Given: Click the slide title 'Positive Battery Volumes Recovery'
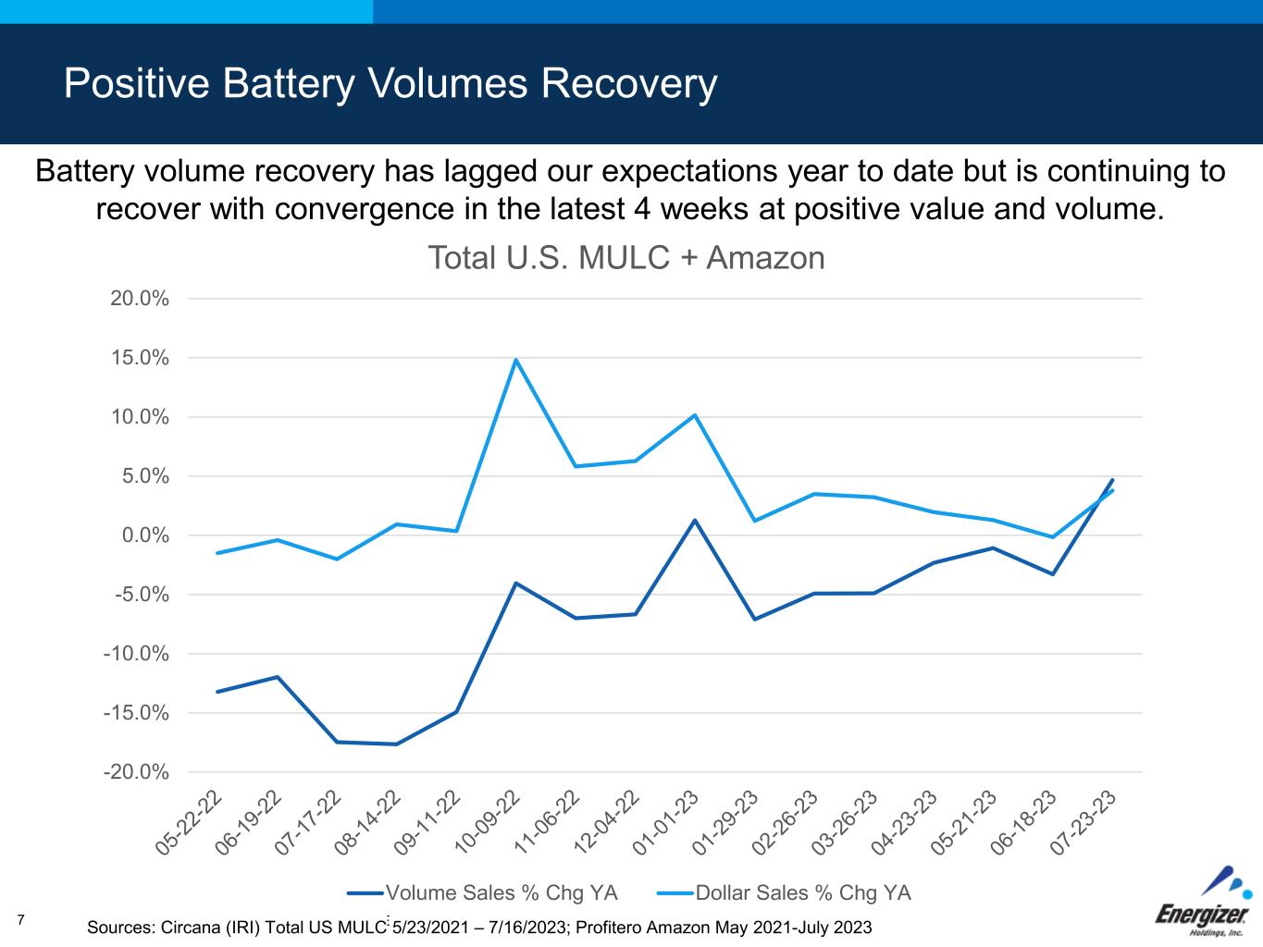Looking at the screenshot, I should click(390, 83).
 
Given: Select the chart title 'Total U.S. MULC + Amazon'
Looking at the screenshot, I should click(625, 257).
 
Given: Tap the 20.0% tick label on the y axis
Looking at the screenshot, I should click(140, 299).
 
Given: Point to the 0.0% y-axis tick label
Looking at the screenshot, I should click(144, 535).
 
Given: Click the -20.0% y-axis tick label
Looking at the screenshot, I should click(137, 772).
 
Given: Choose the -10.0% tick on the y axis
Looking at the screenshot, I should click(137, 654).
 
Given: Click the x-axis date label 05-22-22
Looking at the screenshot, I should click(191, 822).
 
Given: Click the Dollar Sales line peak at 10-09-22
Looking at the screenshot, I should click(515, 360).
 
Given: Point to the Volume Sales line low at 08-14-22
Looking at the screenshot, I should click(396, 744).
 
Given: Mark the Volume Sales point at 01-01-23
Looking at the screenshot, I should click(695, 520).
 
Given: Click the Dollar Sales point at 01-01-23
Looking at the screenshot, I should click(695, 415).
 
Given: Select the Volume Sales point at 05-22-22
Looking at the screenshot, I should click(217, 692).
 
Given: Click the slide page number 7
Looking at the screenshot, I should click(21, 918).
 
